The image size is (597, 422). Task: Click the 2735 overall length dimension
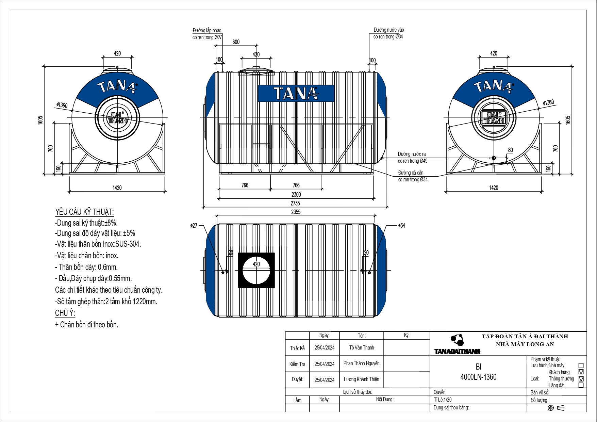(x=295, y=203)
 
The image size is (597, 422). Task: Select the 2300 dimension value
(x=296, y=195)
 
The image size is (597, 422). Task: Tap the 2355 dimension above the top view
(x=296, y=212)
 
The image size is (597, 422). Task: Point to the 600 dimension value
(x=236, y=42)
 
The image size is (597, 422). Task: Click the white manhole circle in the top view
(x=256, y=271)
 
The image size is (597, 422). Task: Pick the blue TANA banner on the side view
(x=296, y=93)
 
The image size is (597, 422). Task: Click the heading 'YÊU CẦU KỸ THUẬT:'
(x=84, y=212)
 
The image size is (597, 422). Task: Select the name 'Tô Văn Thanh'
(x=361, y=347)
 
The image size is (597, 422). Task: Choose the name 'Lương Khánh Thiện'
(x=361, y=379)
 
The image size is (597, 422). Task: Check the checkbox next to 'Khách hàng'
(x=581, y=372)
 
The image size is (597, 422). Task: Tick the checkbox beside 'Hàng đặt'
(x=581, y=385)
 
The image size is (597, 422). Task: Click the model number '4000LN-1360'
(x=478, y=377)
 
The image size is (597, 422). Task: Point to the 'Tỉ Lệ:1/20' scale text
(x=443, y=400)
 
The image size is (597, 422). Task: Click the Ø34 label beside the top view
(x=401, y=225)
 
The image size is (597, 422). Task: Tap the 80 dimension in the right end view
(x=510, y=150)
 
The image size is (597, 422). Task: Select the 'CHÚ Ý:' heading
(x=65, y=313)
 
